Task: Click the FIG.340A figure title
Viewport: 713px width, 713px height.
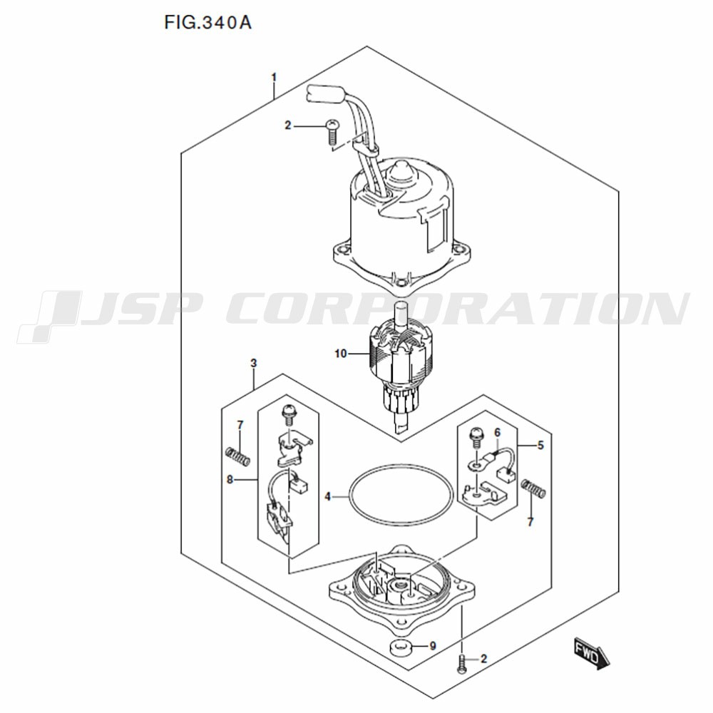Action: [x=207, y=22]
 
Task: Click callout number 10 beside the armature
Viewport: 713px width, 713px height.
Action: [x=341, y=354]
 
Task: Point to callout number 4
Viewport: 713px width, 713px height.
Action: [x=327, y=497]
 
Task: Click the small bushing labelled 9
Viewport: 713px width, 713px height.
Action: [x=400, y=647]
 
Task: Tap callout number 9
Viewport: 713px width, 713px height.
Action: [x=433, y=646]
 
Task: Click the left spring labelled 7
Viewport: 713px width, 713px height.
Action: [x=238, y=456]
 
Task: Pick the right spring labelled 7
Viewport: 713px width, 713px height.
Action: [x=533, y=489]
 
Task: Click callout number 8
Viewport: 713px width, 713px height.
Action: [x=230, y=479]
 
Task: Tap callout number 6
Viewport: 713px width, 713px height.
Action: [x=498, y=432]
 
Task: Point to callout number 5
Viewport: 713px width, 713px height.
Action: [x=540, y=445]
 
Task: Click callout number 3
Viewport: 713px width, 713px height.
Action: [x=254, y=363]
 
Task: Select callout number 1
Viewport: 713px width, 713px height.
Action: [x=274, y=77]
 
